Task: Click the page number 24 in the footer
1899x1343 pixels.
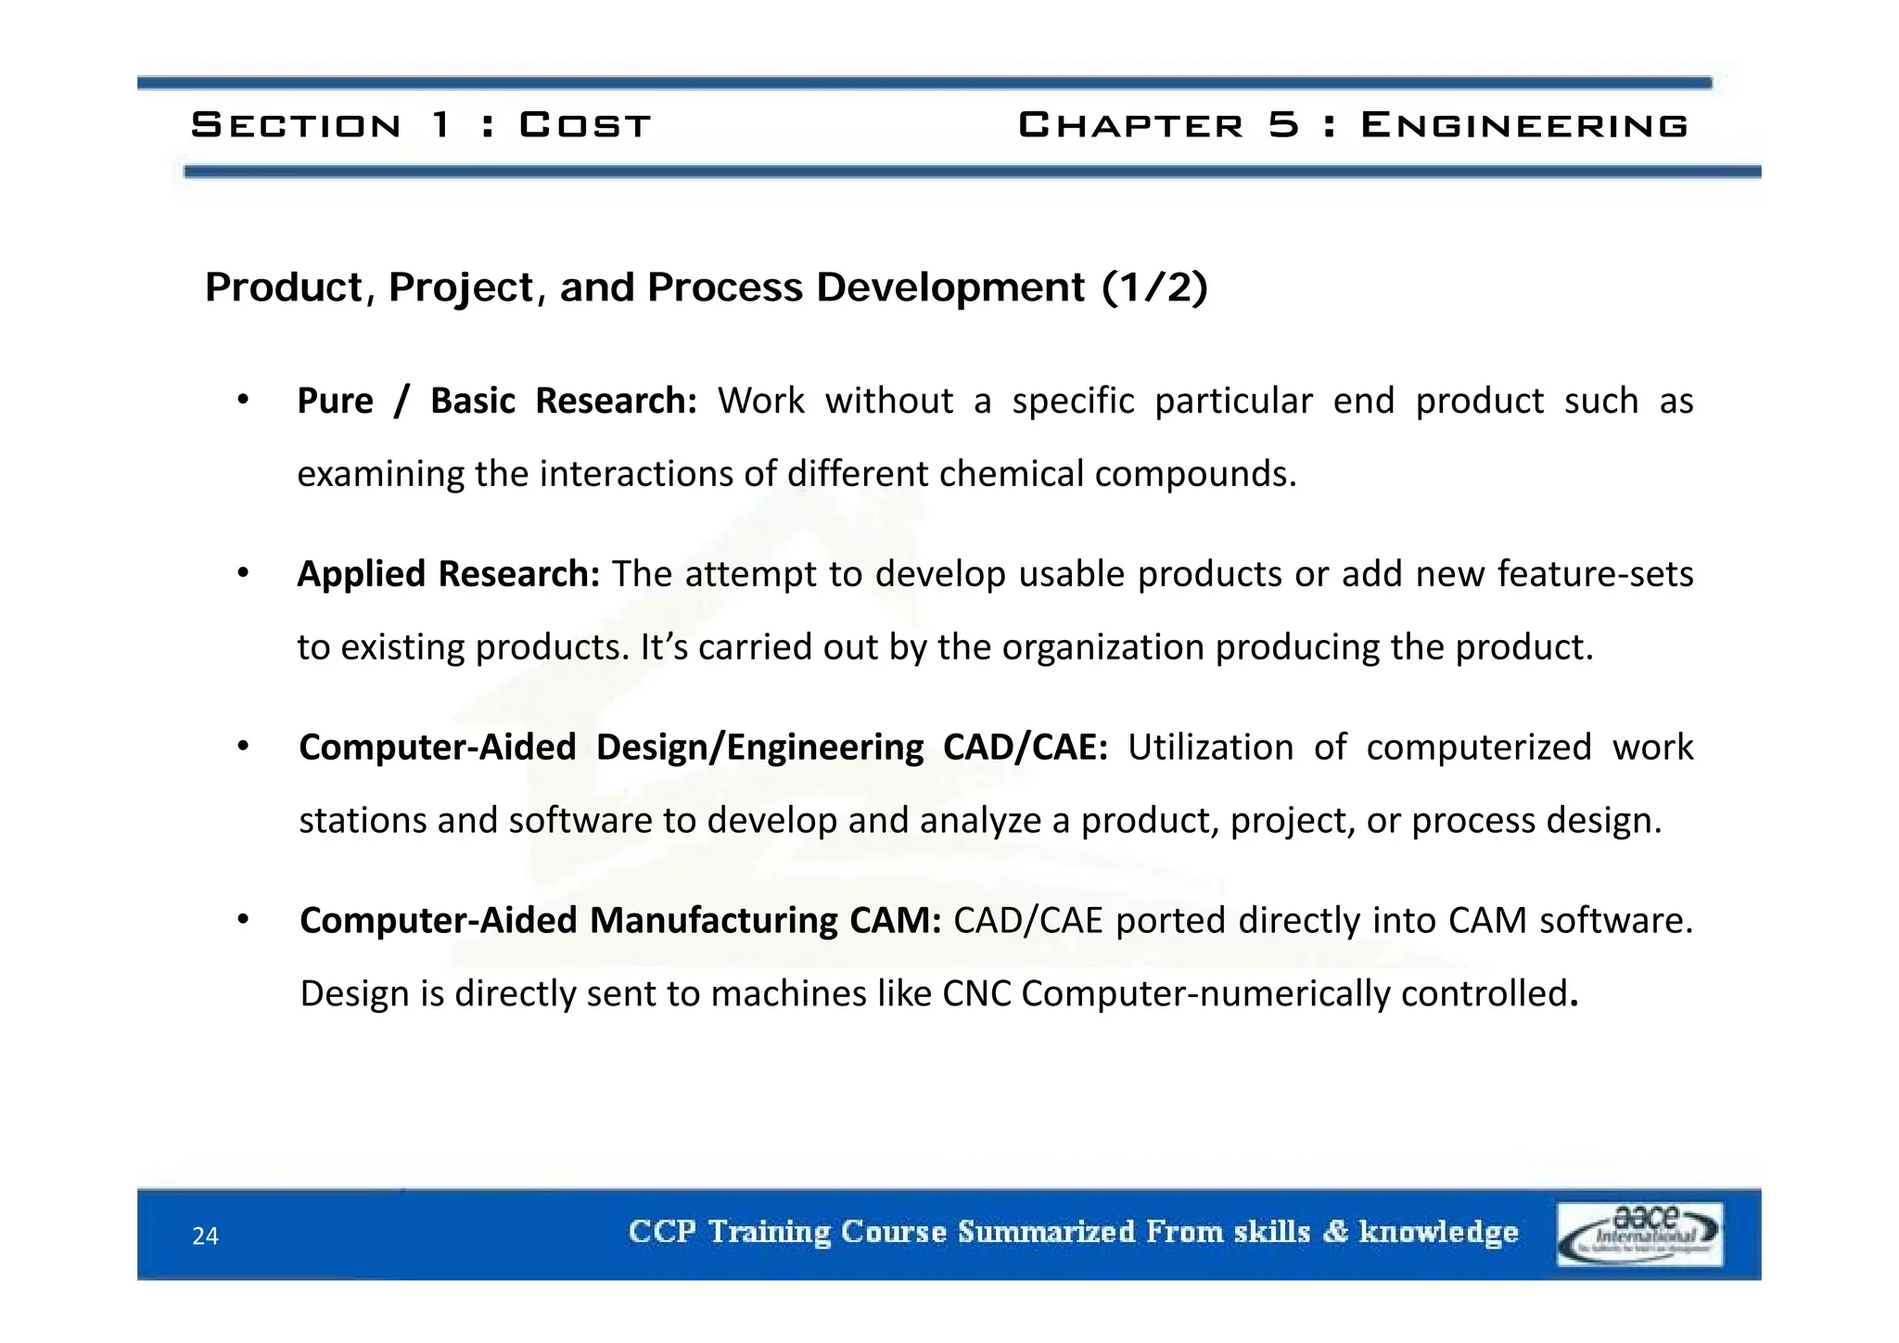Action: [x=205, y=1235]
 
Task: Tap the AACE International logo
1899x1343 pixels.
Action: [x=1638, y=1234]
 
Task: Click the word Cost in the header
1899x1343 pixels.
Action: [x=584, y=125]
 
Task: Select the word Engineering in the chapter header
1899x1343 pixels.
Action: [x=1523, y=125]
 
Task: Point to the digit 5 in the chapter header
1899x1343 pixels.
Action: [x=1283, y=125]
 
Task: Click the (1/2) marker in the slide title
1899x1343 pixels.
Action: [x=1154, y=288]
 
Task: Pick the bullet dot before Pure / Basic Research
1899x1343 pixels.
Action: [x=243, y=401]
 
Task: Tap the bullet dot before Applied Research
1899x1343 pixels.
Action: [x=243, y=574]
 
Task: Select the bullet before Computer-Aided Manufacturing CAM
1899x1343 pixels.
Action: [x=243, y=920]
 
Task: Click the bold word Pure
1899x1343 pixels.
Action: [x=335, y=401]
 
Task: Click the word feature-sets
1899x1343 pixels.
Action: [x=1595, y=574]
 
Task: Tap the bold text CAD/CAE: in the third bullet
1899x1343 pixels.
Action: [x=1025, y=748]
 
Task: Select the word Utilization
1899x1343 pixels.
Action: [x=1210, y=748]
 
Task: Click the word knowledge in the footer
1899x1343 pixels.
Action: [x=1438, y=1232]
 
